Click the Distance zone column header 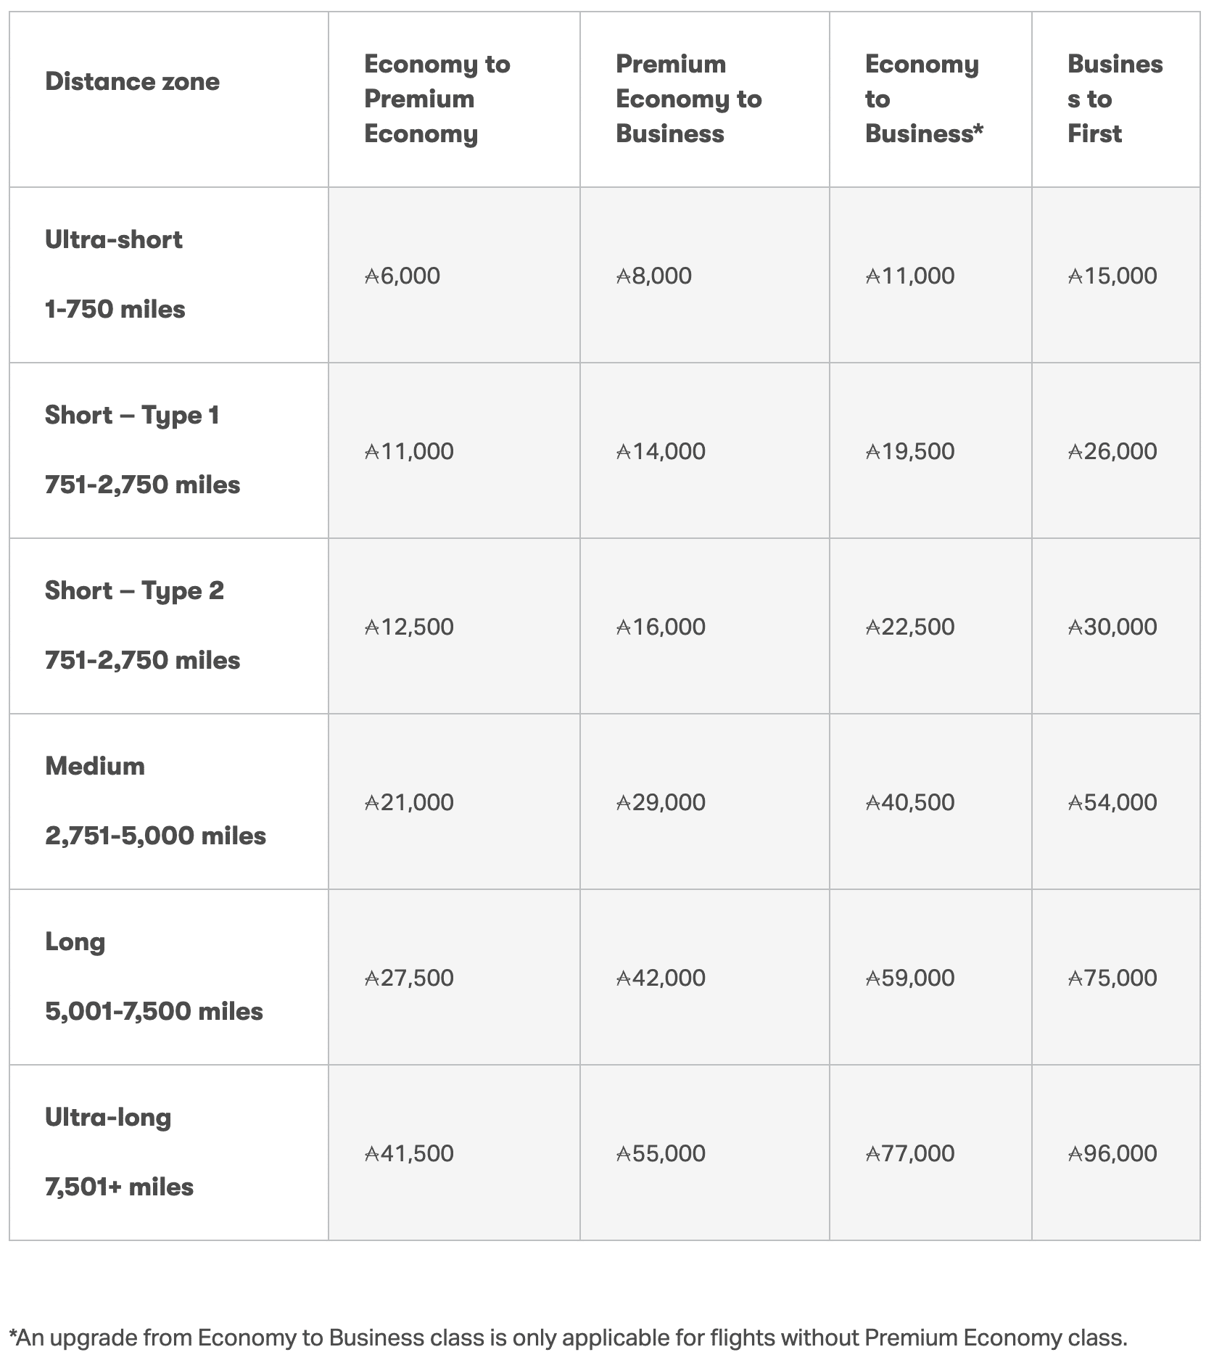click(132, 82)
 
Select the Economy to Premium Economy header click(437, 99)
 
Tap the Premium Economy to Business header click(688, 99)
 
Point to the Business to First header click(1115, 99)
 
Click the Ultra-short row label click(114, 239)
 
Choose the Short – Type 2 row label click(134, 590)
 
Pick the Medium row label click(95, 766)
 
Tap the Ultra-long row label click(108, 1117)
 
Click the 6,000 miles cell click(402, 276)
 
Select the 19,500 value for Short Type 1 click(910, 451)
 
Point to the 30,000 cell click(1112, 627)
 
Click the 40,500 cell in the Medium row click(910, 802)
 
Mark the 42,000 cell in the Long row click(661, 978)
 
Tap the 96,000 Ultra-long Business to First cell click(1112, 1153)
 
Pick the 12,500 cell click(409, 627)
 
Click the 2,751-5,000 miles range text click(155, 836)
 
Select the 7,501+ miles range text click(119, 1187)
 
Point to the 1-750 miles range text click(115, 309)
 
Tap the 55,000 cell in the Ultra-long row click(661, 1153)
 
